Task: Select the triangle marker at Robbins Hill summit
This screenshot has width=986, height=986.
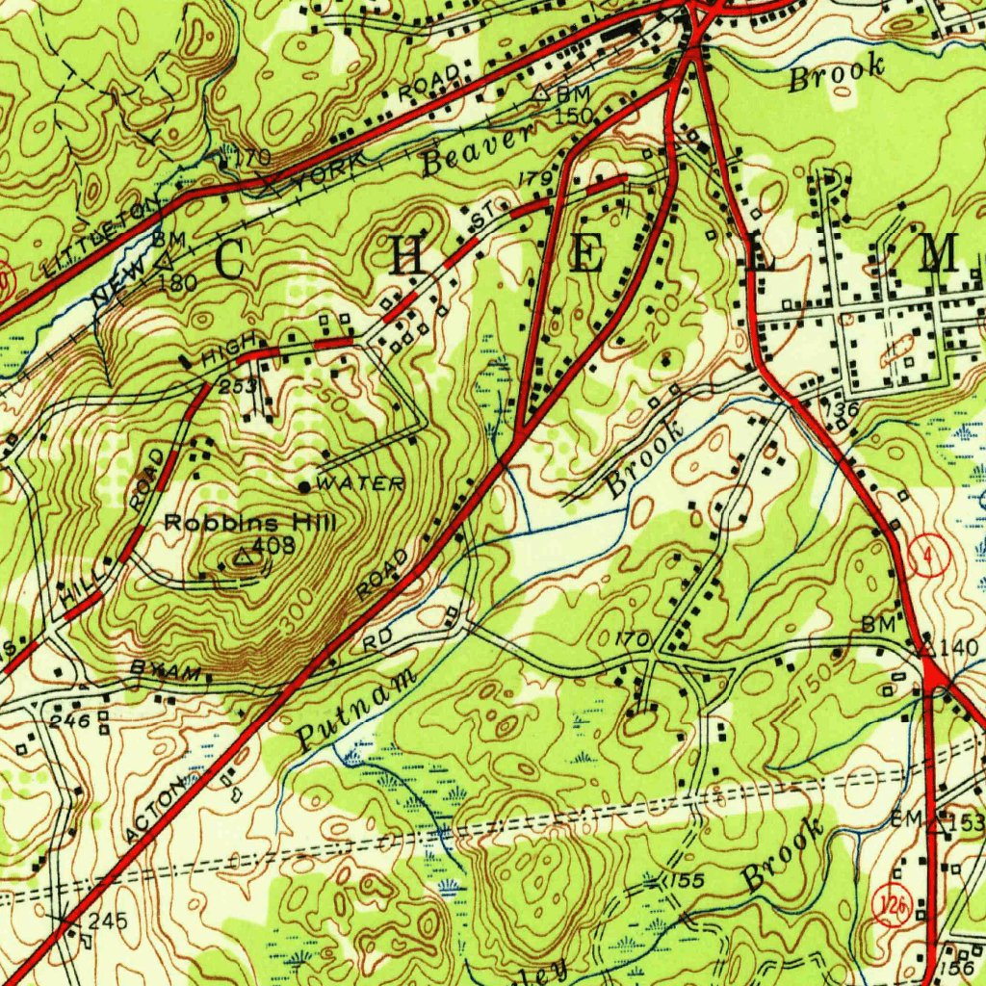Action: point(244,557)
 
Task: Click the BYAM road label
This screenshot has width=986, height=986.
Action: point(166,671)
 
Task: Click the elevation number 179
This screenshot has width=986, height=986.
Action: point(534,179)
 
